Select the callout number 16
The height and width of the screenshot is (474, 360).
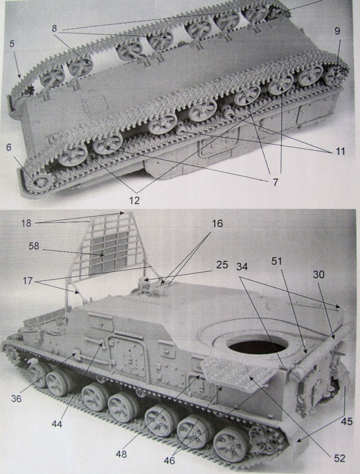click(x=217, y=223)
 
